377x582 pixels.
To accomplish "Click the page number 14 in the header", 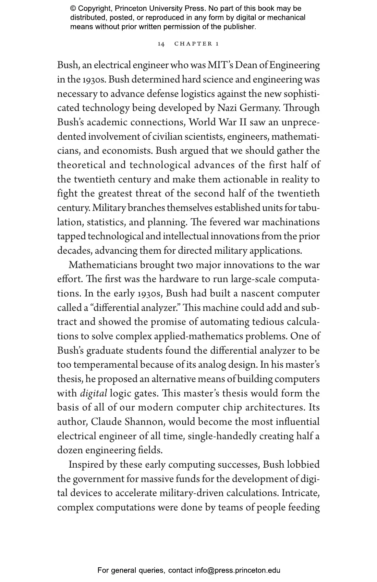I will tap(161, 44).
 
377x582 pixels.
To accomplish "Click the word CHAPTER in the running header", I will tap(193, 44).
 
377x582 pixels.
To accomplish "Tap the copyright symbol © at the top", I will tap(73, 9).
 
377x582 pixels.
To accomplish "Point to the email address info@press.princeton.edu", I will tap(238, 570).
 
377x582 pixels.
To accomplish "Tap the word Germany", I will tap(258, 108).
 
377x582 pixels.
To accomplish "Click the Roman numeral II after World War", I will tap(242, 122).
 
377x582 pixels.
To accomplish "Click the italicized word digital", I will tap(94, 393).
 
